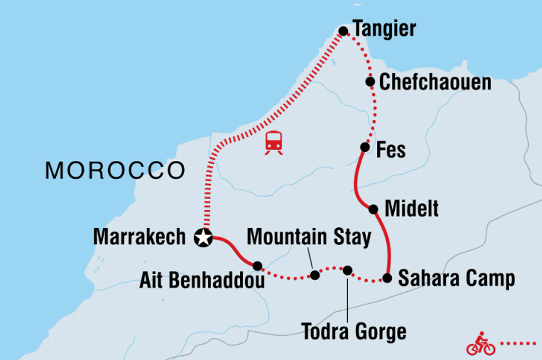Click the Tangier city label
coord(384,30)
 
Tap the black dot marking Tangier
coord(343,31)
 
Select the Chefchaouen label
coord(435,82)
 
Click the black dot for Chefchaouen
coord(370,82)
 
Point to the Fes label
coord(391,150)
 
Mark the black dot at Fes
coord(365,147)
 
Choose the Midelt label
coord(412,209)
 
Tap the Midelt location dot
coord(373,209)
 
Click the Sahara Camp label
coord(456,278)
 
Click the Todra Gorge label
coord(354,332)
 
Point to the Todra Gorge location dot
coord(347,271)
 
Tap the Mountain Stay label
coord(309,237)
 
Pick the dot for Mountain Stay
coord(315,275)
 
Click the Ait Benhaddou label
coord(202,281)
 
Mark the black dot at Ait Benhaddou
coord(257,266)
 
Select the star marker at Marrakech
coord(203,238)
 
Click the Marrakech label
coord(139,237)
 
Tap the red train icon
coord(274,142)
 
